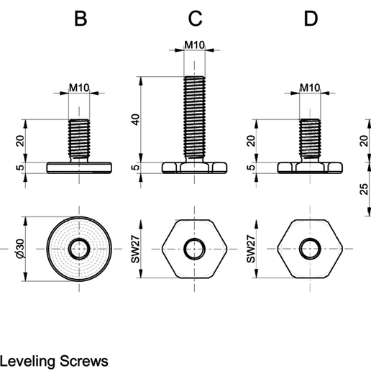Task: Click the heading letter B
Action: click(81, 19)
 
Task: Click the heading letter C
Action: click(196, 19)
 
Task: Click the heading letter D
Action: click(311, 19)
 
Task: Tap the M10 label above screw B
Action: click(79, 88)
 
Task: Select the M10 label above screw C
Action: click(194, 45)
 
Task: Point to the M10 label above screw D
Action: click(310, 88)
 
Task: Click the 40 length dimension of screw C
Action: click(136, 119)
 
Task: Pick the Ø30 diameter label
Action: click(21, 249)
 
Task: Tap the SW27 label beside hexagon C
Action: click(136, 249)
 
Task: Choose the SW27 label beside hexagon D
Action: click(251, 249)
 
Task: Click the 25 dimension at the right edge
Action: click(364, 189)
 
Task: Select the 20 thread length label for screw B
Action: click(20, 141)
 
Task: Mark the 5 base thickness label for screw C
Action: click(136, 167)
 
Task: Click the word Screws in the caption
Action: click(84, 361)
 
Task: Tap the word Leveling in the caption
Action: click(27, 362)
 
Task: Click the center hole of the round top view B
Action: click(79, 249)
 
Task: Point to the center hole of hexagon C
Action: click(194, 249)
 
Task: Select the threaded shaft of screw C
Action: click(194, 117)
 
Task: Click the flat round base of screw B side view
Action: click(79, 168)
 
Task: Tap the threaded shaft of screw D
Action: click(310, 139)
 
